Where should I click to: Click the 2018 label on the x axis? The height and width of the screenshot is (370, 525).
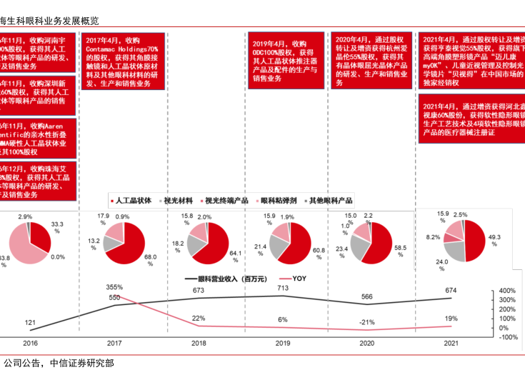tap(199, 344)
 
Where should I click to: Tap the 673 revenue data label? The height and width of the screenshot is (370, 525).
tap(199, 291)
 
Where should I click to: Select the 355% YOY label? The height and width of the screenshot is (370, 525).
tap(114, 287)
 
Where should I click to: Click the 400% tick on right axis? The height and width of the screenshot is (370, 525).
tap(507, 291)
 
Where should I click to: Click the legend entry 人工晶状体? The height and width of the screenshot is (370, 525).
tap(133, 201)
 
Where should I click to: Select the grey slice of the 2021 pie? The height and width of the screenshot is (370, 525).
tap(454, 249)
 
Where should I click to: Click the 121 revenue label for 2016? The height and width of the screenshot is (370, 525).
tap(30, 323)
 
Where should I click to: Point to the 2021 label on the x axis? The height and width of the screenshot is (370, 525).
tap(450, 344)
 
